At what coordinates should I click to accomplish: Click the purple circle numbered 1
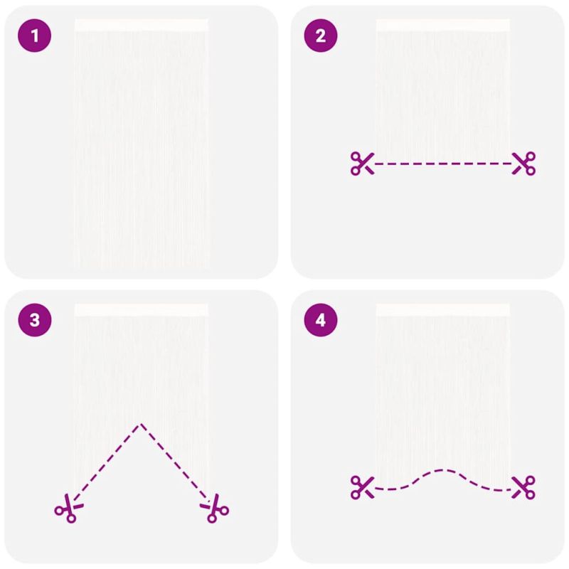click(x=34, y=36)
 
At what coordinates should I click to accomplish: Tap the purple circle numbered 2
click(x=321, y=36)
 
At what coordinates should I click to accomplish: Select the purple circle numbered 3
click(x=34, y=320)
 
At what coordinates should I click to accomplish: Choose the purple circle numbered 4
click(x=321, y=320)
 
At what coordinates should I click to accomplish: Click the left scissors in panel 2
click(x=362, y=164)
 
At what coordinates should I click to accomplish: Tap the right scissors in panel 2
click(x=523, y=164)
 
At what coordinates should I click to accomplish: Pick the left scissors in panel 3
click(x=69, y=508)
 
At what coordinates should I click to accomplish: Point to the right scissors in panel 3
click(x=215, y=508)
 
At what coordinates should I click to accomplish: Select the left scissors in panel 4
click(x=362, y=487)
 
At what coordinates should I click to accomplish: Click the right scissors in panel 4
click(x=523, y=487)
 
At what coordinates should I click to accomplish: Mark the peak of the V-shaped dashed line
click(x=141, y=424)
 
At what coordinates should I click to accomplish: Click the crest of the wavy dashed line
click(x=442, y=470)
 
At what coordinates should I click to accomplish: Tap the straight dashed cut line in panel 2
click(x=443, y=164)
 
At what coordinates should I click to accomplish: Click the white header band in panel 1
click(x=141, y=25)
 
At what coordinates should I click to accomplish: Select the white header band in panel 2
click(x=443, y=25)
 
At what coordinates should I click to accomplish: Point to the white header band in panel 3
click(x=141, y=310)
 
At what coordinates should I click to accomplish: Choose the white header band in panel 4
click(x=443, y=310)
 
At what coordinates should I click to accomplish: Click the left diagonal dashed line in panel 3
click(x=107, y=462)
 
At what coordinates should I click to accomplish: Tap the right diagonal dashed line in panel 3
click(x=176, y=462)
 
